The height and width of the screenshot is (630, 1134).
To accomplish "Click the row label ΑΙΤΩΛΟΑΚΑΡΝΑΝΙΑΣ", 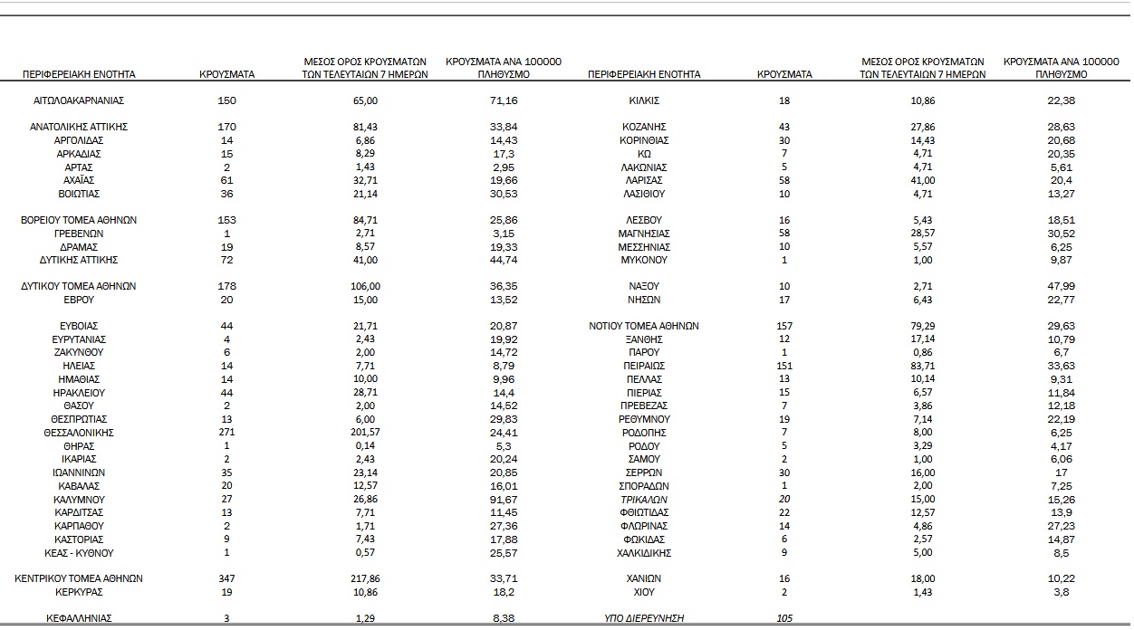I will pos(79,100).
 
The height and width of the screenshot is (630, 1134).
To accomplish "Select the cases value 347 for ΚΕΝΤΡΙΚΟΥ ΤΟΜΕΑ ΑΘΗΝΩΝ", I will pos(226,578).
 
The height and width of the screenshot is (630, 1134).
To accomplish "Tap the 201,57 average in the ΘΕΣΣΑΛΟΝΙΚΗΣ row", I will pos(365,433).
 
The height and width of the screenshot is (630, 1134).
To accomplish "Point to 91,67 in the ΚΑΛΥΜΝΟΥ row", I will pos(504,500).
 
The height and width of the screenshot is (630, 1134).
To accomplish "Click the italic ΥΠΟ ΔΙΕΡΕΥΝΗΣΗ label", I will pos(644,618).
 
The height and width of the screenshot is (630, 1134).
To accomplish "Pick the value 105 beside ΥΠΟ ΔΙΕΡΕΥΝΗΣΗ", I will pos(784,618).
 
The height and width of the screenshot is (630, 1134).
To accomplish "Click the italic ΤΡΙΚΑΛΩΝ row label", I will pos(644,500).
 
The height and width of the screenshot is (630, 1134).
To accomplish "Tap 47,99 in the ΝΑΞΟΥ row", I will pos(1061,286).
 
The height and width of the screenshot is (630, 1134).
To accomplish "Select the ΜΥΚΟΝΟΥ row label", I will pos(644,260).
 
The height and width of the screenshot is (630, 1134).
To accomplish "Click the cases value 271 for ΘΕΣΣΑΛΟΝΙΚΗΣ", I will pos(226,433).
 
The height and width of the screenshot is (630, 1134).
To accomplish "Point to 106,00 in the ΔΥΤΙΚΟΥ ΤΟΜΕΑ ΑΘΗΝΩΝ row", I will pos(365,286).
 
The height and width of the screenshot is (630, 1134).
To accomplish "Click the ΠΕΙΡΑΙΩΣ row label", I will pos(644,366).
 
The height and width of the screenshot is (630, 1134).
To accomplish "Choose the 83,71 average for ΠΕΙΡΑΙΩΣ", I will pos(923,366).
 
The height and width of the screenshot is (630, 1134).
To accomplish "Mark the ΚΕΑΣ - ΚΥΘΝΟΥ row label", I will pos(79,553).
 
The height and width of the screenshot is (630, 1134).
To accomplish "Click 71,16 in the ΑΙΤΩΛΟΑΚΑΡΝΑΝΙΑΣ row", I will pos(504,100).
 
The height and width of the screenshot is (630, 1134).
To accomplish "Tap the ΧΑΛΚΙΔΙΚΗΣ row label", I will pos(644,553).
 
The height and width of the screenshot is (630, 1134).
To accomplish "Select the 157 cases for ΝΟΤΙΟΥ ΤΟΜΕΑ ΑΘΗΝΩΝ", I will pos(784,326).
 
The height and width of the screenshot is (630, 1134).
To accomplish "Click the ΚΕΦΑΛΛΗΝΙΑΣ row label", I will pos(79,618).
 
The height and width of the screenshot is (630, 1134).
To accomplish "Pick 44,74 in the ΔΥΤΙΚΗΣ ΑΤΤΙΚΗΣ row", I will pos(504,260).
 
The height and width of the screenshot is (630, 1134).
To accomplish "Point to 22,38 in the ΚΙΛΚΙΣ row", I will pos(1061,100).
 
